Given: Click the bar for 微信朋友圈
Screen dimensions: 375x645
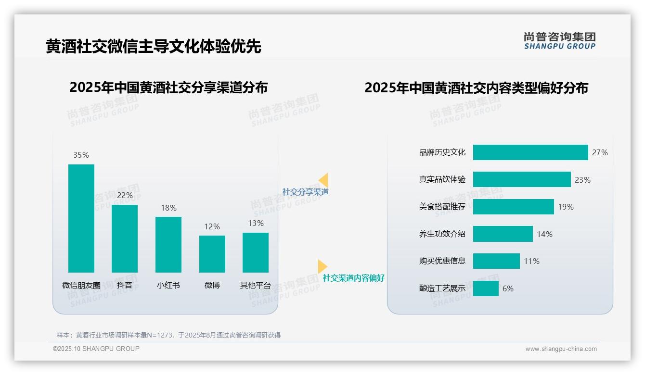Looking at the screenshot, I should pyautogui.click(x=81, y=218).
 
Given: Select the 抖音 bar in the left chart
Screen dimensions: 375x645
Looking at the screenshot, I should pyautogui.click(x=125, y=238).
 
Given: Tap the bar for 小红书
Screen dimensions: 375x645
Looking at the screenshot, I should pyautogui.click(x=168, y=244).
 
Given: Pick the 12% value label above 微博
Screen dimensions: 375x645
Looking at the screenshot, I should pyautogui.click(x=212, y=226).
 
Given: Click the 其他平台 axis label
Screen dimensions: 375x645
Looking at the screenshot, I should pyautogui.click(x=256, y=285).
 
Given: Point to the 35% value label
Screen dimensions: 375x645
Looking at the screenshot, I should pyautogui.click(x=81, y=155).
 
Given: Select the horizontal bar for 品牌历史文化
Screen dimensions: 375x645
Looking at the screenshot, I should pyautogui.click(x=530, y=152).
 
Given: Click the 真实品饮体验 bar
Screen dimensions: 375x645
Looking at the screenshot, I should pyautogui.click(x=522, y=179).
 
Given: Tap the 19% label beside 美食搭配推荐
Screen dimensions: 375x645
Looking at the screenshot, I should pyautogui.click(x=566, y=207).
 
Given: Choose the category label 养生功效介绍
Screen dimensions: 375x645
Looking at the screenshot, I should pyautogui.click(x=442, y=234).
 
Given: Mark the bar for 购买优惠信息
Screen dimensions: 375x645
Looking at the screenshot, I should pyautogui.click(x=496, y=261).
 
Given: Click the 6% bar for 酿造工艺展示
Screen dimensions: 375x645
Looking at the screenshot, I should pyautogui.click(x=486, y=288).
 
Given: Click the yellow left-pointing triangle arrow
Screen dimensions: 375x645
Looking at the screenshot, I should pyautogui.click(x=323, y=180).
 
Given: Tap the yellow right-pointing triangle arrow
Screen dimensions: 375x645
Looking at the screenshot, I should pyautogui.click(x=322, y=266).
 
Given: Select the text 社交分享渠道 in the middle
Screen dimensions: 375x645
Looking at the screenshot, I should pyautogui.click(x=305, y=192).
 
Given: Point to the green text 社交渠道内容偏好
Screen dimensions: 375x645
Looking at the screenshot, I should pyautogui.click(x=353, y=278).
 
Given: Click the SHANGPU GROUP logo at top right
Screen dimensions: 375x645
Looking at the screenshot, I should pyautogui.click(x=559, y=41).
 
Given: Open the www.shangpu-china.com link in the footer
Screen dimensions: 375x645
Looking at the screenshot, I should pyautogui.click(x=561, y=349).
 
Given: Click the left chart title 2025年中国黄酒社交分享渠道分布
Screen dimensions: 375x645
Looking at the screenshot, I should pyautogui.click(x=168, y=87).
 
